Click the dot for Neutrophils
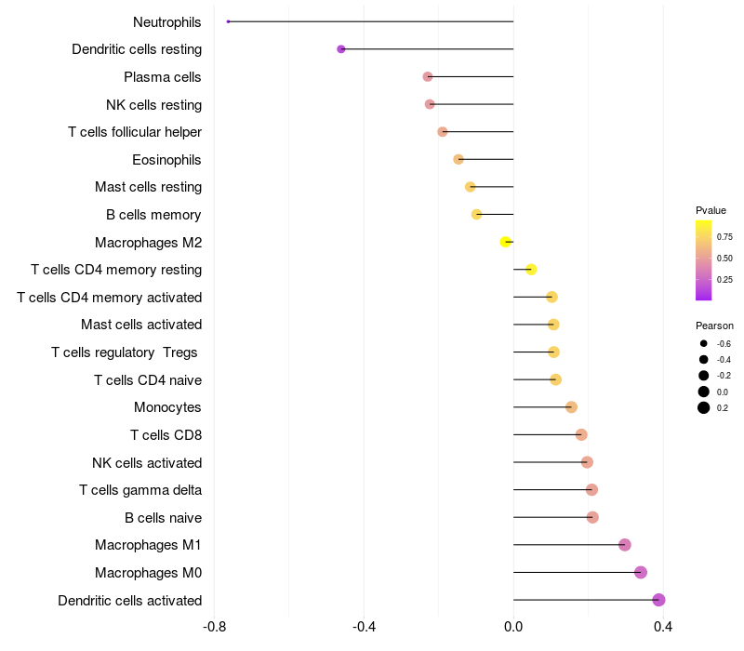(x=228, y=21)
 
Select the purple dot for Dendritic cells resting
(x=341, y=49)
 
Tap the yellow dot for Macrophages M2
(x=506, y=242)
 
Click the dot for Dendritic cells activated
(x=658, y=600)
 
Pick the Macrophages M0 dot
(x=641, y=573)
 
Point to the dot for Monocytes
(x=571, y=407)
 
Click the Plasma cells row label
(x=163, y=77)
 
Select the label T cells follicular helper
(x=135, y=132)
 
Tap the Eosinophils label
(x=166, y=160)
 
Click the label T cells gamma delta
(x=140, y=490)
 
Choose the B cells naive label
(x=163, y=518)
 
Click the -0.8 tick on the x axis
(x=214, y=627)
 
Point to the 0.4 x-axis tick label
(x=663, y=627)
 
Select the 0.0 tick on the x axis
(x=513, y=627)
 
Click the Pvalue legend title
(x=711, y=210)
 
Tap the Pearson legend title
(x=714, y=326)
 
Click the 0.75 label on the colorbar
(x=724, y=236)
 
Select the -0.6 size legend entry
(x=704, y=344)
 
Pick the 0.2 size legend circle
(x=704, y=407)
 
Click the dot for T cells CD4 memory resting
(x=531, y=270)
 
